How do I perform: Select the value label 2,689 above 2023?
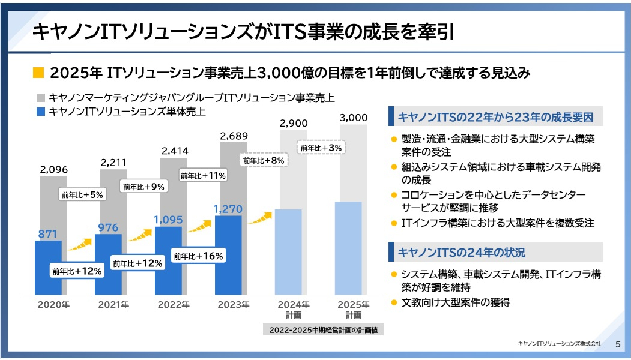point(234,136)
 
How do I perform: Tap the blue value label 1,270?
point(228,209)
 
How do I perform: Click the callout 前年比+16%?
point(198,256)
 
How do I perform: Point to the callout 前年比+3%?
point(321,148)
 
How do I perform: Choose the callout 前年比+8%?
point(263,160)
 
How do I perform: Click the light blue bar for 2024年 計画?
point(288,251)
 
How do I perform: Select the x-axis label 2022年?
point(174,305)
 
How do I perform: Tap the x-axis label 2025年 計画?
point(353,309)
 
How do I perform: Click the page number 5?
point(618,344)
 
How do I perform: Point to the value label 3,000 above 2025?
point(353,118)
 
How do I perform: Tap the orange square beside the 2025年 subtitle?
point(38,73)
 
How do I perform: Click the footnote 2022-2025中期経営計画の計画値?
point(322,329)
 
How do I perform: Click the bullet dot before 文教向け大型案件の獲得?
point(394,302)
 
